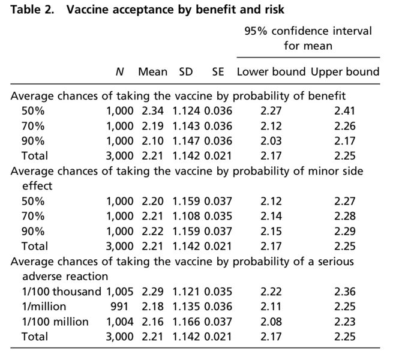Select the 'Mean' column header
click(153, 72)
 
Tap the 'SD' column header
click(187, 72)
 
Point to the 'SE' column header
click(218, 72)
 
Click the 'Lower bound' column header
click(271, 72)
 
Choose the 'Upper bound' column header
click(345, 72)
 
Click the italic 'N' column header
click(119, 72)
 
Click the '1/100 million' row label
click(55, 322)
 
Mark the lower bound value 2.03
click(271, 141)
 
